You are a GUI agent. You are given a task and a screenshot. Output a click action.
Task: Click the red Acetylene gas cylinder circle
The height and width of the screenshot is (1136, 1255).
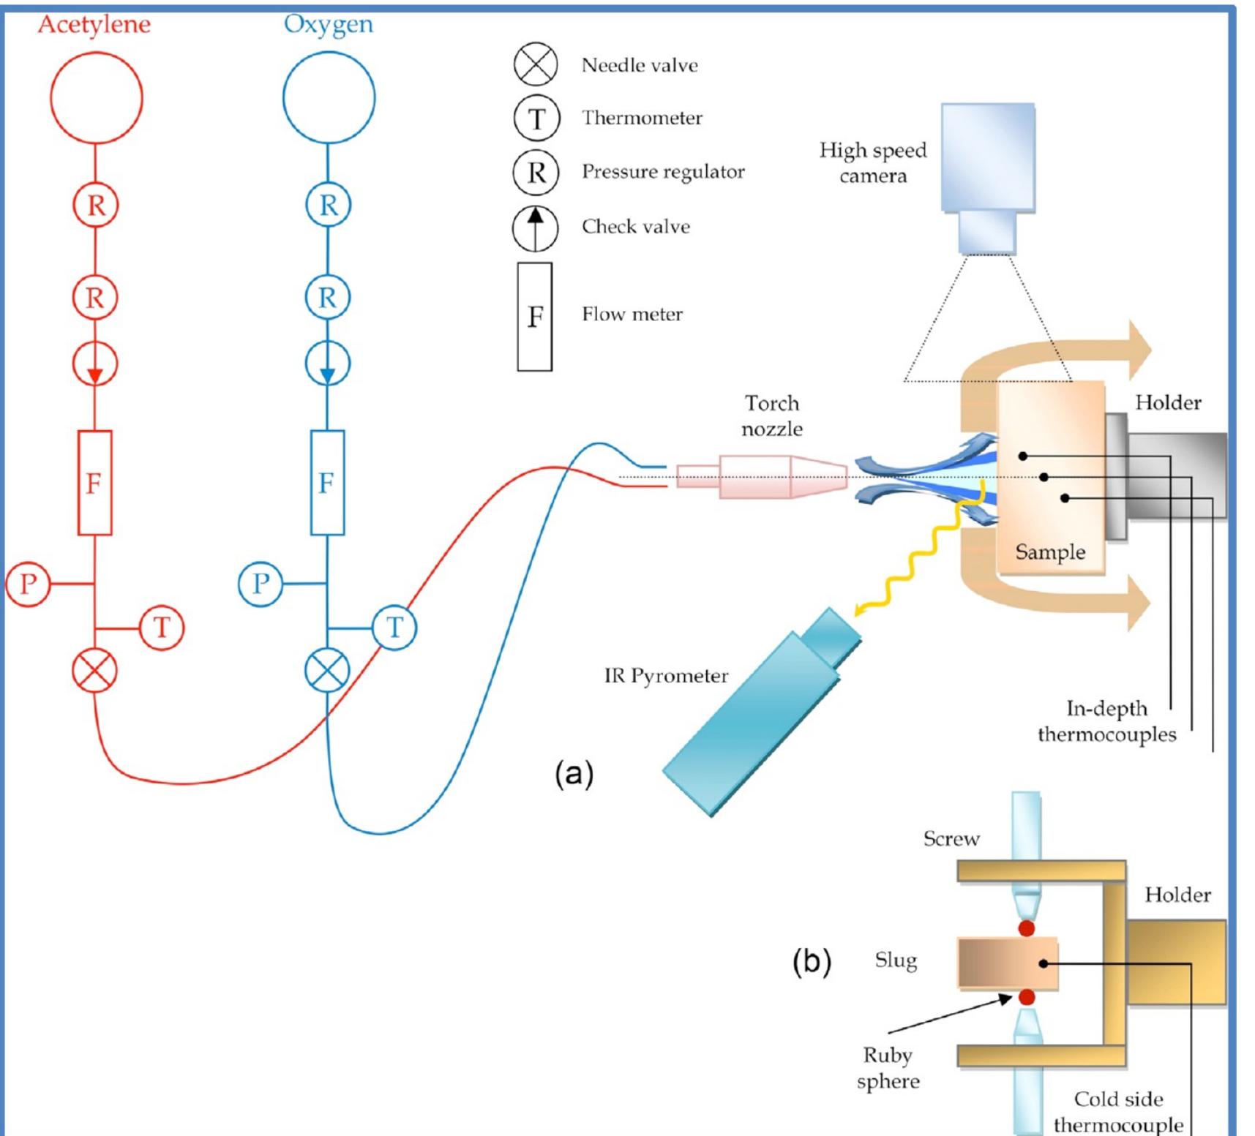(96, 98)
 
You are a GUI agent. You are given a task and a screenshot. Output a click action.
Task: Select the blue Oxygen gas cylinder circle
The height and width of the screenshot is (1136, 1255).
(329, 98)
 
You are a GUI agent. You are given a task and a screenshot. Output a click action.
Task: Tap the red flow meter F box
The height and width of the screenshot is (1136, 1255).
(94, 483)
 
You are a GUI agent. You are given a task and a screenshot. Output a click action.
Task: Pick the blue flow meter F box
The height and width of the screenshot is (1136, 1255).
(327, 483)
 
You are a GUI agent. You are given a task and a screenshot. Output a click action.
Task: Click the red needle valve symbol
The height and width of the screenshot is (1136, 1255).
(94, 671)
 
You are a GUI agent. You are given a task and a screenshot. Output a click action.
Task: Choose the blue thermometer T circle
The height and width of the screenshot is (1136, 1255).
(394, 628)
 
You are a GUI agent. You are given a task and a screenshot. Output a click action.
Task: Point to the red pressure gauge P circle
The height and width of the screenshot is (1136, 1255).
(28, 584)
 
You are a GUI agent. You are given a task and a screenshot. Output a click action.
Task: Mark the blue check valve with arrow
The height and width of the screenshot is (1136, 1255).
(327, 364)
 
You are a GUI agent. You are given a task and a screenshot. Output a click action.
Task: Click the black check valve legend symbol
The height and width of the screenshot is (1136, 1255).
(535, 228)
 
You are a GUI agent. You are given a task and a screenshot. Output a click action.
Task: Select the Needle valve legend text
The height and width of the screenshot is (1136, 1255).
(639, 66)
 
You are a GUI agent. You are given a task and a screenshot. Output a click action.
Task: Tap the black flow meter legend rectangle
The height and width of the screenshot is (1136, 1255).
(534, 317)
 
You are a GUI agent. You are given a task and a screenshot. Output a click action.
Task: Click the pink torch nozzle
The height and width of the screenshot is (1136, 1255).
(761, 477)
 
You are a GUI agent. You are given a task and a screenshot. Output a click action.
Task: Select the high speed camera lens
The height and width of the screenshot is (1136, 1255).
(987, 233)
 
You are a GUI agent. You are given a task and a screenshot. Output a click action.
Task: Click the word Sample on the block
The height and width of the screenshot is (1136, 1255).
(1049, 552)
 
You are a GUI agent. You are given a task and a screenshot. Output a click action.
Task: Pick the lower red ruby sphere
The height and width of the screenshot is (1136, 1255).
(1026, 997)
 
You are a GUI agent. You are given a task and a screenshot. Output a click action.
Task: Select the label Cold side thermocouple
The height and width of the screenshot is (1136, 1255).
(1117, 1112)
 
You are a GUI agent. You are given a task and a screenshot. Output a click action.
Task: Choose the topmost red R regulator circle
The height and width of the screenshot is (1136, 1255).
(95, 206)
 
